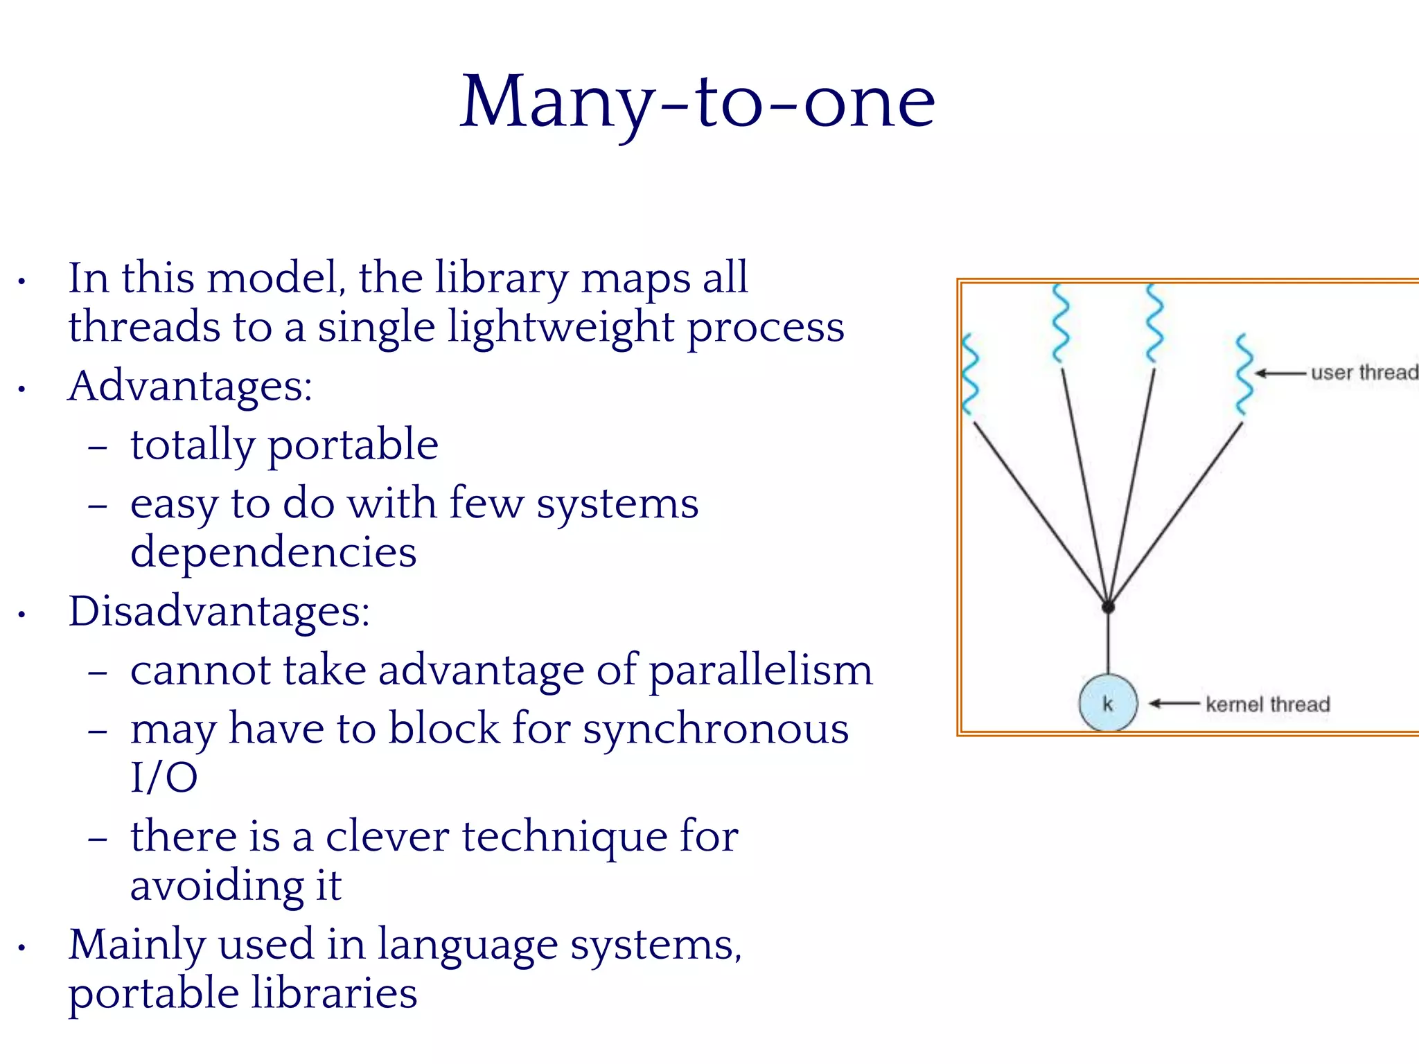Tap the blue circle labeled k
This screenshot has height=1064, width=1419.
point(1108,704)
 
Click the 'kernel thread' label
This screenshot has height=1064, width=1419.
point(1267,704)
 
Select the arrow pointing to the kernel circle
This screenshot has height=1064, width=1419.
point(1174,704)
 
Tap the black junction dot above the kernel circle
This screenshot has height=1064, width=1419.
point(1108,607)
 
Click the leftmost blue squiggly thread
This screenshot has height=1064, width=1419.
point(970,374)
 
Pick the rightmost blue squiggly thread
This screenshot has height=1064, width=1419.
point(1244,374)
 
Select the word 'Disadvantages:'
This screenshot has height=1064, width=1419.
point(219,611)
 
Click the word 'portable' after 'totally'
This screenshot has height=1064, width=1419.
point(353,445)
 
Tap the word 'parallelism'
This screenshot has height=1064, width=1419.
point(761,671)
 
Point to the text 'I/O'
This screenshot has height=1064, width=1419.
point(164,777)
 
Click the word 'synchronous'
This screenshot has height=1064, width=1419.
point(715,729)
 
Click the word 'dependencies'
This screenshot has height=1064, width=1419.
point(273,552)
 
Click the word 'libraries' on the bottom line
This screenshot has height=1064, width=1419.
point(334,993)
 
